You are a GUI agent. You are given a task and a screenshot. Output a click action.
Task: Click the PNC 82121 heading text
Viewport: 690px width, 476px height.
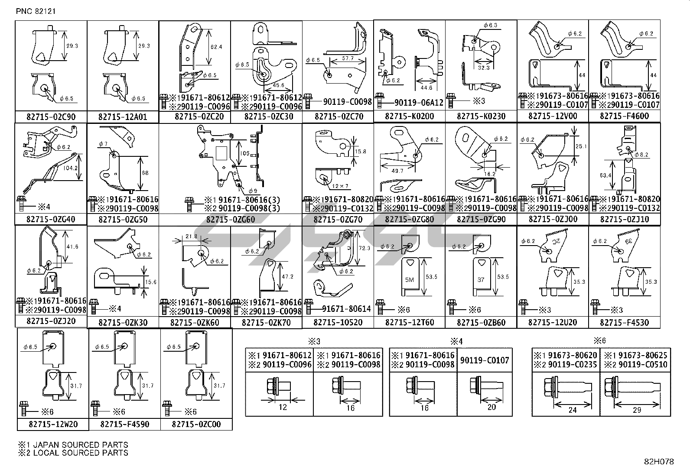point(36,11)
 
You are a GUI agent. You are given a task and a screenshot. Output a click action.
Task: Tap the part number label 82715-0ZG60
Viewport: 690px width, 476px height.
point(230,220)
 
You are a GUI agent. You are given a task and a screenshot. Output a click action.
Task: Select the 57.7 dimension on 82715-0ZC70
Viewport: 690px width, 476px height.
point(348,58)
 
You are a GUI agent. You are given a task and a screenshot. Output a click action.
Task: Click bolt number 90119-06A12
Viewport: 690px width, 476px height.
point(419,103)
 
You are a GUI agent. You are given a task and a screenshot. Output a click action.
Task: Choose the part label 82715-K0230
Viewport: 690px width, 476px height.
point(481,116)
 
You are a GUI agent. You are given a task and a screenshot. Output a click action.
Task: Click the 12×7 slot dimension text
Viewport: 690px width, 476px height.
point(338,186)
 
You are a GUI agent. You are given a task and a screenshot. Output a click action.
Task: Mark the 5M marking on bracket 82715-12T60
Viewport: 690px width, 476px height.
point(410,280)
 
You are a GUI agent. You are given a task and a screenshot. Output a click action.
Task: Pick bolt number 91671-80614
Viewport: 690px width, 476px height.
point(346,309)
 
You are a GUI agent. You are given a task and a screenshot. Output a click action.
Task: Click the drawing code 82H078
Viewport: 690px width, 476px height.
point(658,462)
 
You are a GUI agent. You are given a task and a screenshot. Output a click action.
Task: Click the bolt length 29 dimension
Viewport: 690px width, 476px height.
point(636,409)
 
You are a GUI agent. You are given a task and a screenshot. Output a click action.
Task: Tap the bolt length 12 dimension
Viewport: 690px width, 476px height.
point(283,407)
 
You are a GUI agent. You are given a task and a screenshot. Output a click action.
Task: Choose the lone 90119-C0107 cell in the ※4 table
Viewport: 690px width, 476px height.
point(485,360)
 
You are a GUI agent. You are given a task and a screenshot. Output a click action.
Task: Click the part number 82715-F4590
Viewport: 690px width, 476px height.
point(124,424)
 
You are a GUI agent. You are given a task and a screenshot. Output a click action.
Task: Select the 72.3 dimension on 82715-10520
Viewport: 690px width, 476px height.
point(365,248)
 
